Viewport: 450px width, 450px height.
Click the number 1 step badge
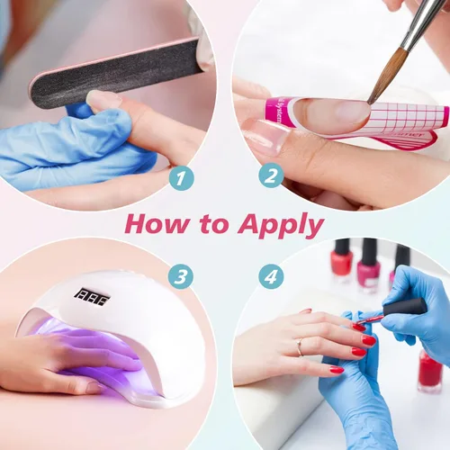[x=181, y=178]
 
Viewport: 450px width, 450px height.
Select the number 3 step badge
[x=182, y=276]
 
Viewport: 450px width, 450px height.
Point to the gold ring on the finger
[x=300, y=346]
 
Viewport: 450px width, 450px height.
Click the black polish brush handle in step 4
[x=403, y=307]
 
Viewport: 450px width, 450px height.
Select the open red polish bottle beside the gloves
[x=429, y=369]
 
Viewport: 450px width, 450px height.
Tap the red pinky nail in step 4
[x=337, y=370]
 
